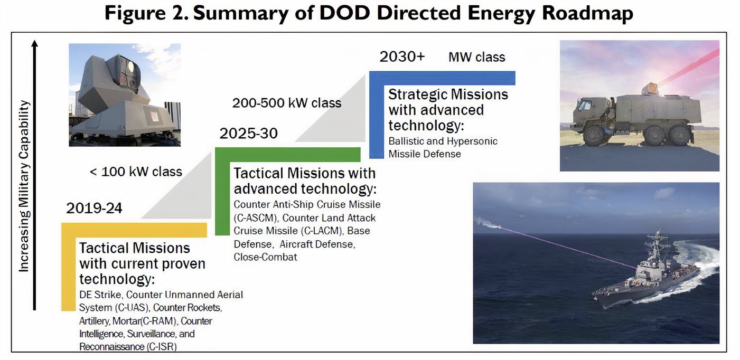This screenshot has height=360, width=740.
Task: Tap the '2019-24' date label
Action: (x=94, y=209)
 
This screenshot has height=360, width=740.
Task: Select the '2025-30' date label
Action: (x=248, y=134)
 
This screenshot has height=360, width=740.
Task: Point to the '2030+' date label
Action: (x=402, y=57)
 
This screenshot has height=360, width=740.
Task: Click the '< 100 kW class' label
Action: (x=136, y=172)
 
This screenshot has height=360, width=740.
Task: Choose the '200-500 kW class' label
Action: (x=287, y=103)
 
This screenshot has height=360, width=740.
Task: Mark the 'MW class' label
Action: (x=476, y=57)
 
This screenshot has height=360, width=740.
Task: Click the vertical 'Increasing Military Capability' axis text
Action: (x=24, y=186)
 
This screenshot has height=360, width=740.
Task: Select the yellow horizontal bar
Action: (x=135, y=230)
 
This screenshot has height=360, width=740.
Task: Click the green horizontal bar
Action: (x=288, y=154)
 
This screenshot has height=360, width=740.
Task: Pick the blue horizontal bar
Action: (x=443, y=78)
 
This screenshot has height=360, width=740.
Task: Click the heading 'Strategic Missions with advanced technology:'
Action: (x=448, y=110)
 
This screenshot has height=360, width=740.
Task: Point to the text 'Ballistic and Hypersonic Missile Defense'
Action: (x=443, y=148)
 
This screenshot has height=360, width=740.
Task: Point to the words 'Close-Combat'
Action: (x=265, y=257)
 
